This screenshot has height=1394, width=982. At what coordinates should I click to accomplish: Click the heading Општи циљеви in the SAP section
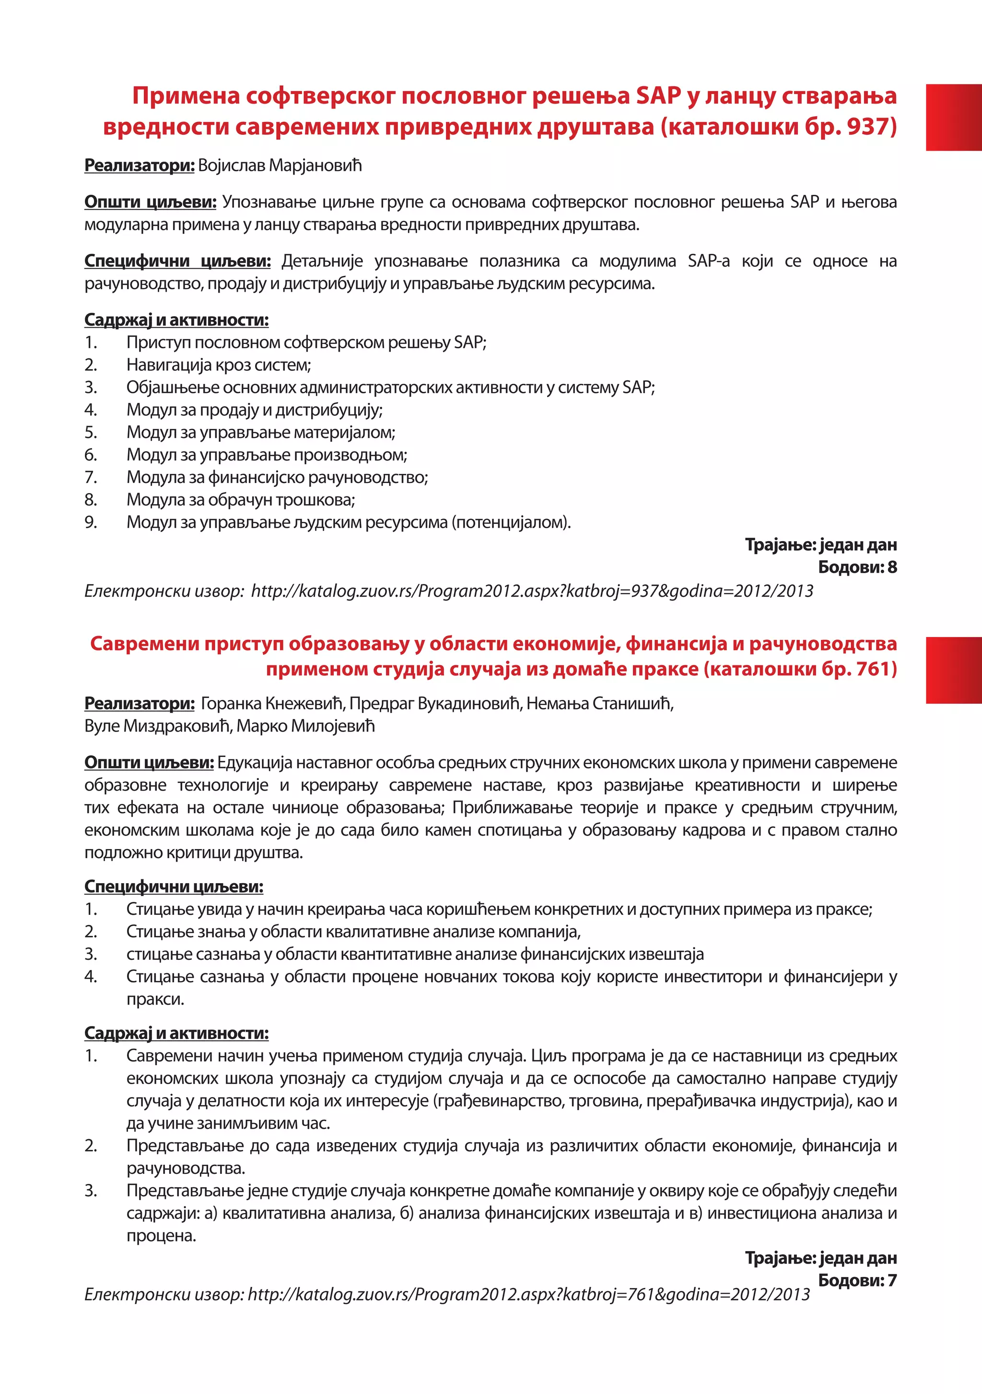pyautogui.click(x=150, y=201)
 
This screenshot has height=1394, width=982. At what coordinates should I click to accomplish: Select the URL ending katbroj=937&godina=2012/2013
pyautogui.click(x=532, y=591)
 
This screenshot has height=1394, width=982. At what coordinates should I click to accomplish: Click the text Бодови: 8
pyautogui.click(x=857, y=567)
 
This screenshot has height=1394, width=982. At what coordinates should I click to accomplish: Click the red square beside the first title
pyautogui.click(x=954, y=117)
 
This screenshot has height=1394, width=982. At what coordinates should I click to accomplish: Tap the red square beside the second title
pyautogui.click(x=954, y=670)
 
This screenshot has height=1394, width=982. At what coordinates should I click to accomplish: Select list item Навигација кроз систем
pyautogui.click(x=219, y=365)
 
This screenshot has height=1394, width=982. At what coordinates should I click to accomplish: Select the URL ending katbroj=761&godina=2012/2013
pyautogui.click(x=528, y=1294)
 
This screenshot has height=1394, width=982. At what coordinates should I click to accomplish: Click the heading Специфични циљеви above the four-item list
pyautogui.click(x=174, y=886)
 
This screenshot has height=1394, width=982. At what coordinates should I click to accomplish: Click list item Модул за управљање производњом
pyautogui.click(x=267, y=455)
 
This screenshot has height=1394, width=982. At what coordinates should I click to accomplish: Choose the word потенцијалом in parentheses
pyautogui.click(x=511, y=522)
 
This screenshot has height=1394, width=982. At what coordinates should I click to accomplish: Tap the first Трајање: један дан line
pyautogui.click(x=820, y=544)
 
